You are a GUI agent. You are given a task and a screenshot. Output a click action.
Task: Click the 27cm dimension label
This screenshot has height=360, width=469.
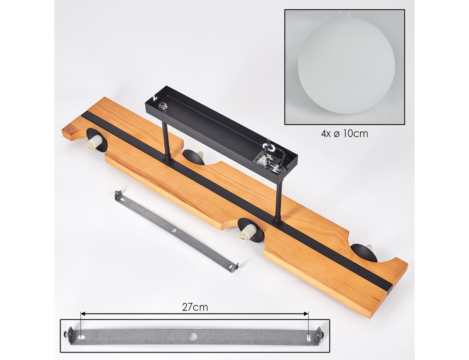[x=195, y=307]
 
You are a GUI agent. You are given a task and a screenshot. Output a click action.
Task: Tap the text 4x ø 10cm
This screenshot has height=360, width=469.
[x=344, y=134]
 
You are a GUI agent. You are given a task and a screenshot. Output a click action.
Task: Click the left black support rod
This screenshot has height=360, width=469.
[x=167, y=142]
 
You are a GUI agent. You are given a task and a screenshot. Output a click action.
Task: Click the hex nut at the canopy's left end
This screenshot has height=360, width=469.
[x=161, y=106]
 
